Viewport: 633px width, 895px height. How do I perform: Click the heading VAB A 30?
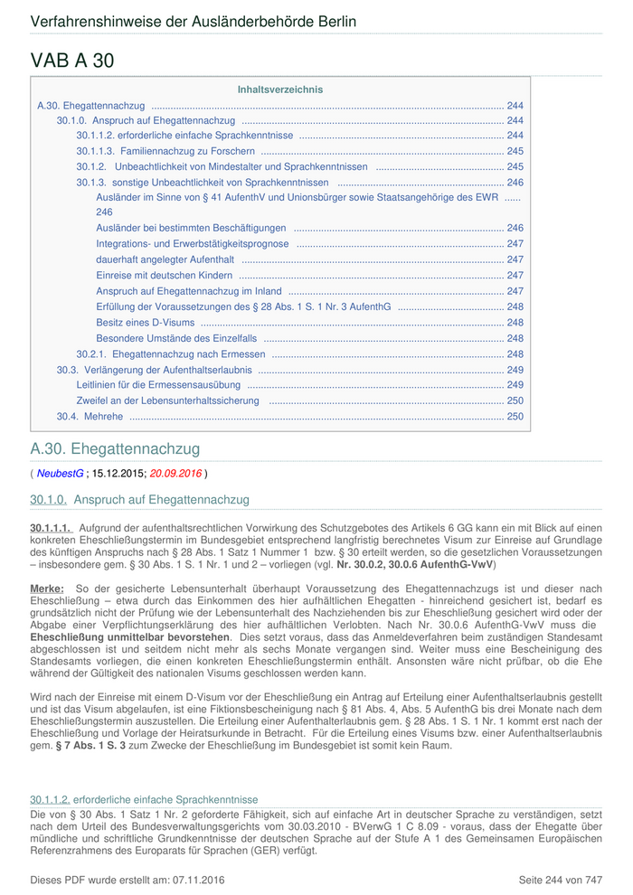[x=72, y=61]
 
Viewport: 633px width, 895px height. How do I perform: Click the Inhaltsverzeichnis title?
[x=279, y=89]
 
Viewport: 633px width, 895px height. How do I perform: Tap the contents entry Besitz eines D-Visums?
[x=145, y=323]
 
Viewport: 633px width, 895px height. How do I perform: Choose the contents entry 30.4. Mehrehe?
[x=90, y=417]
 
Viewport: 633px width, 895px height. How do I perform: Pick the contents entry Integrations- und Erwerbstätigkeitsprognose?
[x=193, y=244]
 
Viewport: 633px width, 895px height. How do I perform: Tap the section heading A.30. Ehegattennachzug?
[x=115, y=448]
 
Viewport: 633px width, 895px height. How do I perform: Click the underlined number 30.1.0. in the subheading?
[x=49, y=500]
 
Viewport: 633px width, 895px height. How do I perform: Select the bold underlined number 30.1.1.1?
[x=51, y=526]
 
